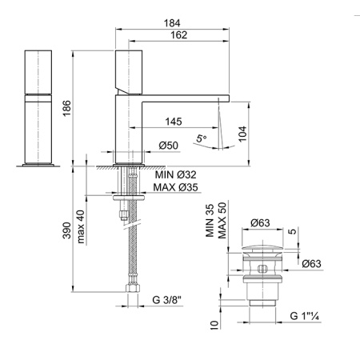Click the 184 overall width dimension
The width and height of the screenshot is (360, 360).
click(172, 23)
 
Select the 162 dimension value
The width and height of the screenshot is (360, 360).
click(178, 35)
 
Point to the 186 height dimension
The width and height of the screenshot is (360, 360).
click(66, 108)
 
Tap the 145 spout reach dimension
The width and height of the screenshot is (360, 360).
click(174, 122)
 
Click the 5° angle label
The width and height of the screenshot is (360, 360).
click(202, 138)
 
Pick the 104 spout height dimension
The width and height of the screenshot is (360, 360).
click(242, 134)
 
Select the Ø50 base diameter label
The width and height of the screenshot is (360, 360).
click(169, 146)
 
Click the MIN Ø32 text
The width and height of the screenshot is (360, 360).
click(176, 175)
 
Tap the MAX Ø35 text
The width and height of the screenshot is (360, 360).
click(176, 187)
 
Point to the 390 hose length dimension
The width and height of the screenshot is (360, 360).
click(66, 230)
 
